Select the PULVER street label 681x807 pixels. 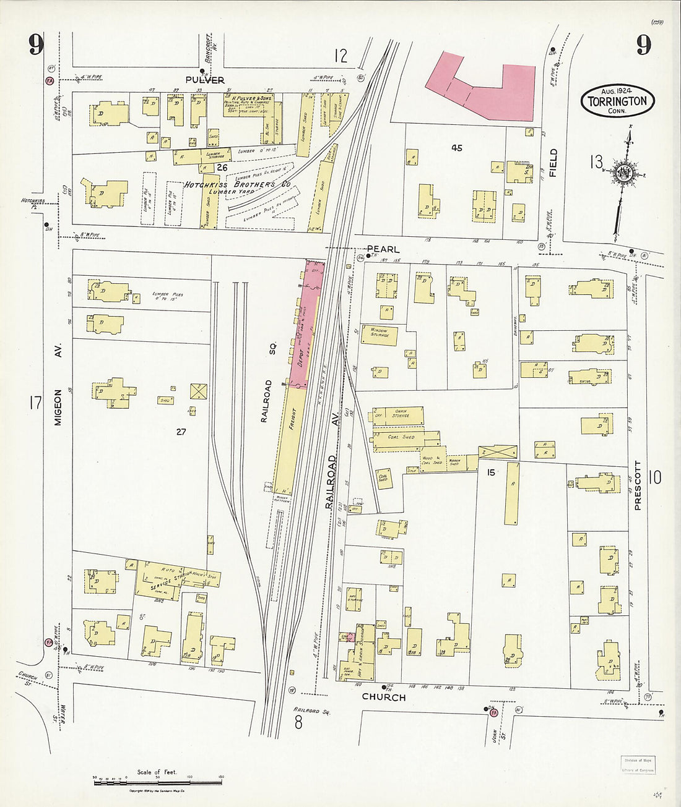(204, 80)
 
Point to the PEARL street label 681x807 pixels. (383, 249)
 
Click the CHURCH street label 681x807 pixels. (384, 697)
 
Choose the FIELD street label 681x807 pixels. (553, 163)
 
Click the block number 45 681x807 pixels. (457, 148)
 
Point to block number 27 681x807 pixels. (180, 432)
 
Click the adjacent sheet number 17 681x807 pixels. (34, 403)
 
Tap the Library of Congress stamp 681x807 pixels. (637, 766)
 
